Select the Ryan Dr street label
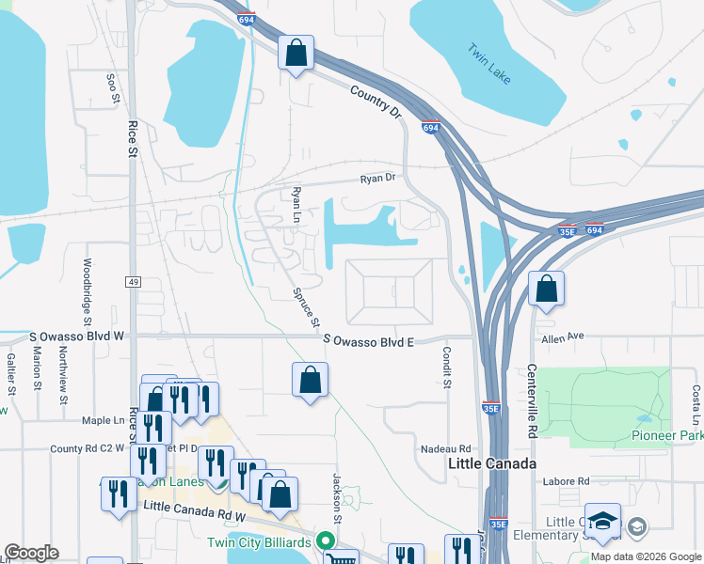[379, 178]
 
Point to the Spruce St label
[306, 307]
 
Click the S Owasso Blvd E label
[369, 339]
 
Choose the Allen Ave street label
[563, 337]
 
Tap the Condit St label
[446, 368]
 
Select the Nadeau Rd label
[445, 449]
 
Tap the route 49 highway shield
[132, 282]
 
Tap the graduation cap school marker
[602, 522]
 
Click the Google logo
[31, 553]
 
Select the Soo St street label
[113, 86]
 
